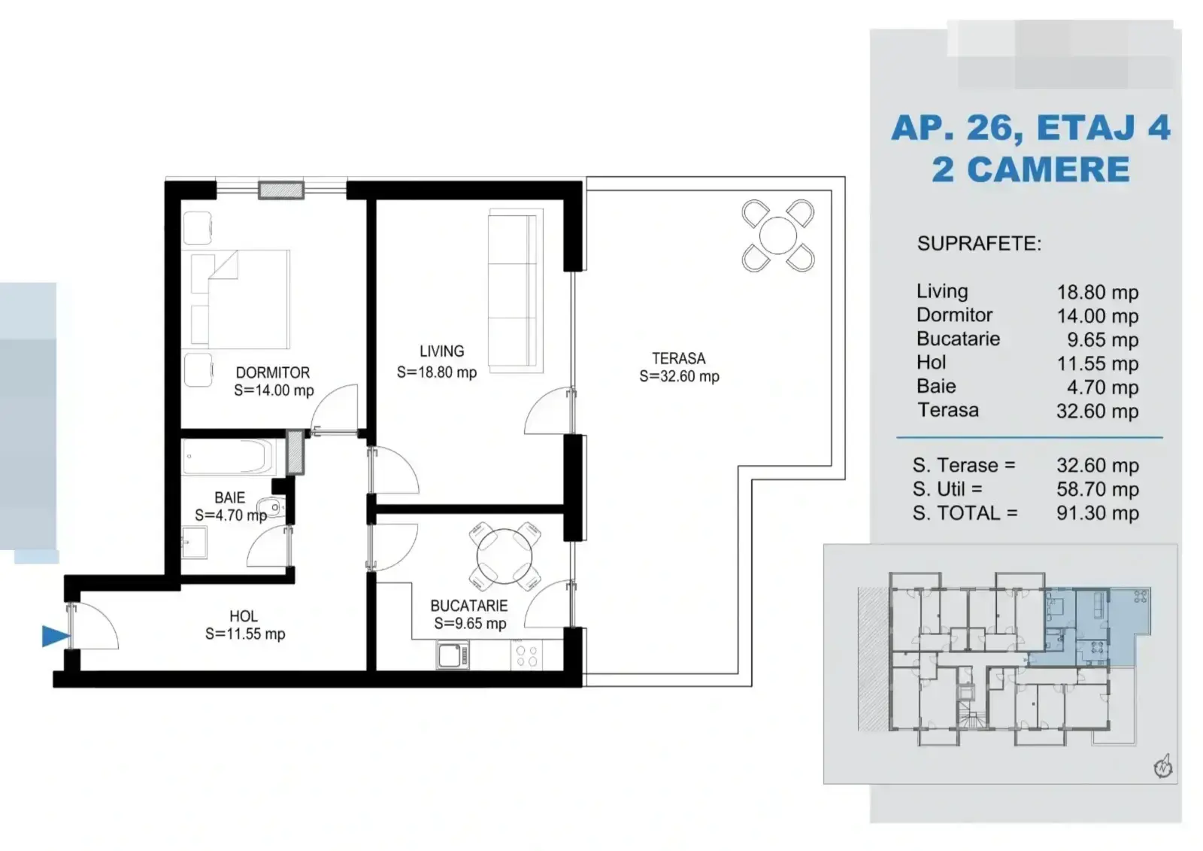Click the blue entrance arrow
(56, 636)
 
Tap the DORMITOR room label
(273, 372)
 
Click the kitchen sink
(452, 655)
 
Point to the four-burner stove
(526, 655)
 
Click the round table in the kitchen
(505, 556)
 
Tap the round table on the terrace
(778, 235)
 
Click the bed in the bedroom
(241, 299)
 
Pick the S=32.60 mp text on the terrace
(679, 376)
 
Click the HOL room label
(244, 616)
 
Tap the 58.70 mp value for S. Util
(1097, 489)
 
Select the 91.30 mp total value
(1097, 513)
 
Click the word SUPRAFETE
(979, 244)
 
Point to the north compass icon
(1163, 767)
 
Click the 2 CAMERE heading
(1031, 169)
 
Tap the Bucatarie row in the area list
(1027, 339)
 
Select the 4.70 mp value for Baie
(1102, 387)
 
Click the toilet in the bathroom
(271, 507)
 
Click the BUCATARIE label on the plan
(469, 606)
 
